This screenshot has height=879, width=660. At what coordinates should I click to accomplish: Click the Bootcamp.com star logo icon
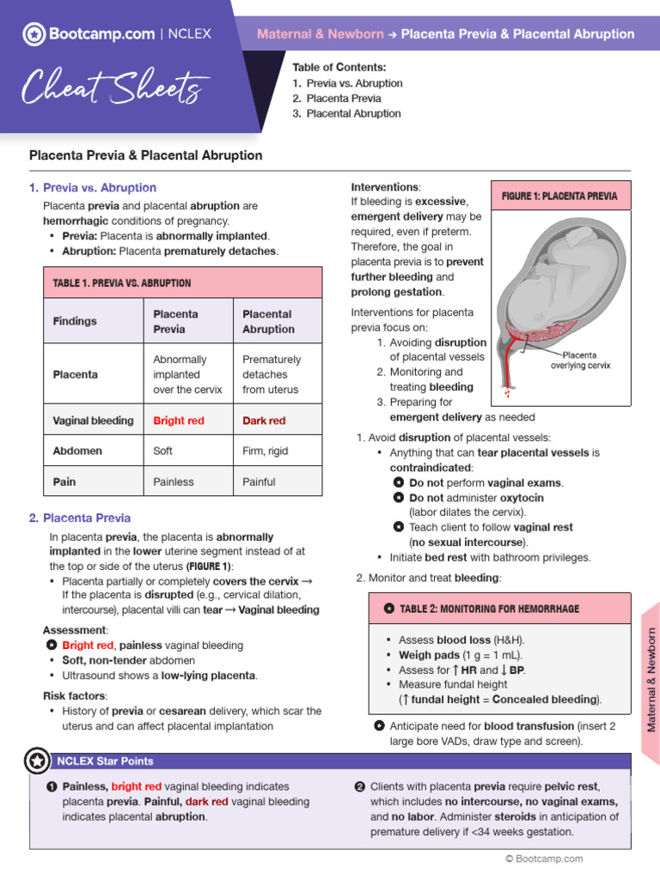coord(34,34)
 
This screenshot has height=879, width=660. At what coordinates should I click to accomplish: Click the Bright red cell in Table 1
coord(179,421)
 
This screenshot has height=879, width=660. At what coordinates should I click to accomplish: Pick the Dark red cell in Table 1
coord(264,421)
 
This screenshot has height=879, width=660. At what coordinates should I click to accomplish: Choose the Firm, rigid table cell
coord(265,451)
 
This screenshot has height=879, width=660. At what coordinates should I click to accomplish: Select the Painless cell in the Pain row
coord(174,482)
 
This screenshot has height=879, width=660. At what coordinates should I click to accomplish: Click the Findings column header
coord(75,321)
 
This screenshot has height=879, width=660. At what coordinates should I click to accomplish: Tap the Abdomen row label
coord(77,451)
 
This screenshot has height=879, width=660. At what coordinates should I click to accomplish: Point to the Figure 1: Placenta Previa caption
coord(559,196)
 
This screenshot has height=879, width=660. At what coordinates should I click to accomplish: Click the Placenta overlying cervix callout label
coord(580,360)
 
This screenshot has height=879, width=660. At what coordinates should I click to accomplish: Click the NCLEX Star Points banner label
coord(105,761)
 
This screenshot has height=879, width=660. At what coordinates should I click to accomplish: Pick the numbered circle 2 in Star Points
coord(360,786)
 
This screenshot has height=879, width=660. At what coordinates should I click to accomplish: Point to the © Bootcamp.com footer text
coord(543,858)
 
